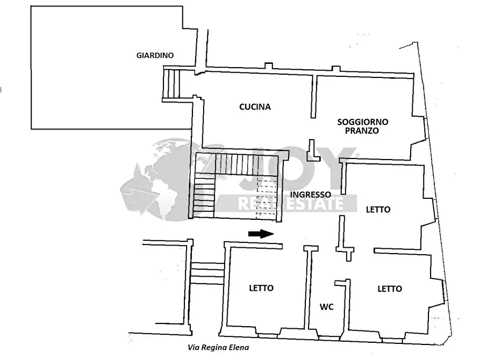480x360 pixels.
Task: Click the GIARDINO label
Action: tap(154, 55)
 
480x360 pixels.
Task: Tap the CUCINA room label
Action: tap(255, 107)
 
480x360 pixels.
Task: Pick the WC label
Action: tap(327, 307)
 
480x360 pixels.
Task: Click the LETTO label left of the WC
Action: tap(261, 288)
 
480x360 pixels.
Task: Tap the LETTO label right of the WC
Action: tap(390, 289)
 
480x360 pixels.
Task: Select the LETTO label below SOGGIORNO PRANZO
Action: tap(378, 210)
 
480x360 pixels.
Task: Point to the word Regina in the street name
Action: tap(213, 348)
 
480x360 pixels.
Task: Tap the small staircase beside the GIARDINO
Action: tap(171, 84)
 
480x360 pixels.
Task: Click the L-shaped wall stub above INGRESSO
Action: tap(311, 151)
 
